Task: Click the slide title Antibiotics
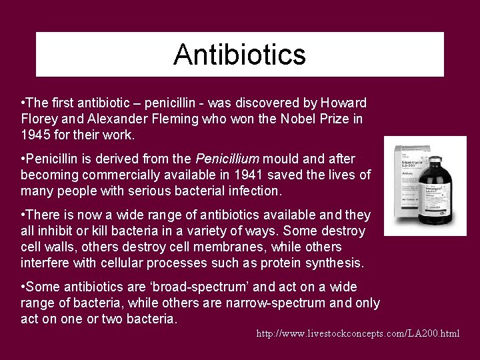point(239,55)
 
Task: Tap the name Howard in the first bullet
point(343,103)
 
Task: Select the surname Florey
point(39,119)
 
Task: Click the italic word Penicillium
point(227,159)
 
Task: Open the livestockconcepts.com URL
point(358,333)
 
